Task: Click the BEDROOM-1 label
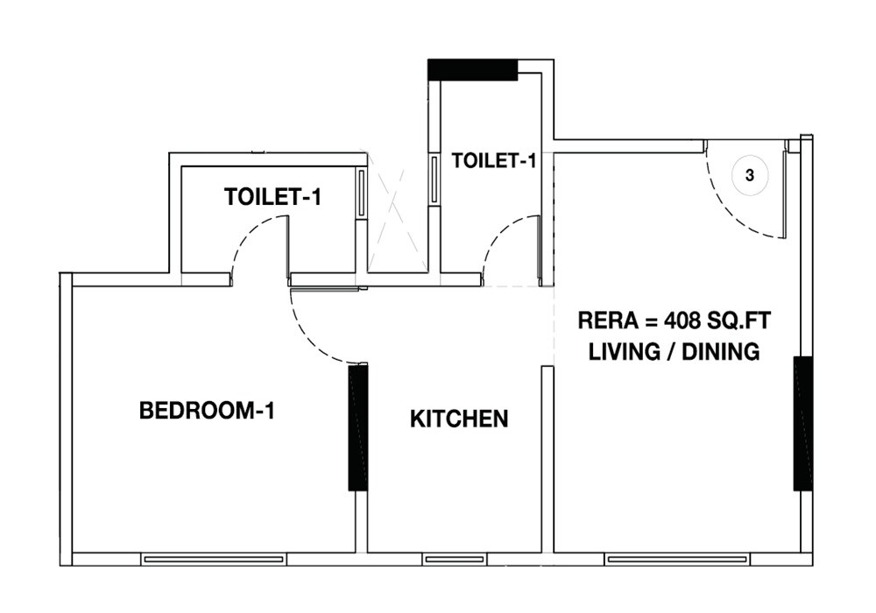tap(207, 411)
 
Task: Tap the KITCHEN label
tap(459, 419)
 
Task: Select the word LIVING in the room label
tap(621, 352)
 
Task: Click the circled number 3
tap(750, 175)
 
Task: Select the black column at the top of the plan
tap(473, 70)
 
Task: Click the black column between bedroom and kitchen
tap(358, 427)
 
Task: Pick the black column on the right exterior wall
tap(802, 423)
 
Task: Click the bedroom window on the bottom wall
tap(214, 559)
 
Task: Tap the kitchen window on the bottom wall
tap(455, 559)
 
